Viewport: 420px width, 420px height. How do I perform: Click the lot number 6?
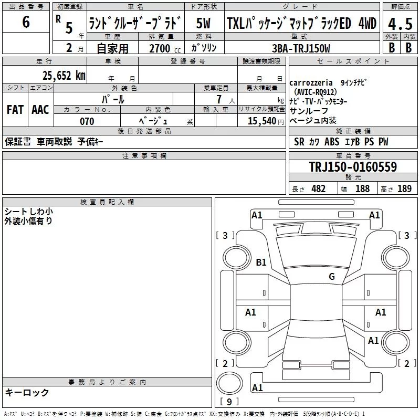(x=26, y=22)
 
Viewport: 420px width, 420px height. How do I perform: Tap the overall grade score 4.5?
(x=400, y=24)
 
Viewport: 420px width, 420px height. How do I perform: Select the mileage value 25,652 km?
(x=64, y=76)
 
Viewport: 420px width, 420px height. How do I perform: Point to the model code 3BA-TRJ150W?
(x=301, y=48)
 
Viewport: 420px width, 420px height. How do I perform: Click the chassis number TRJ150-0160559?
(x=353, y=166)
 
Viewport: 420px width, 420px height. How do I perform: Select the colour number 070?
(x=87, y=121)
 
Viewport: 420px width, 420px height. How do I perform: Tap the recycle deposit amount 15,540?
(x=261, y=121)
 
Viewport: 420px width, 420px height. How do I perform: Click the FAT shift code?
(x=15, y=110)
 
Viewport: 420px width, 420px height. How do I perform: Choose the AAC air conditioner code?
(x=40, y=110)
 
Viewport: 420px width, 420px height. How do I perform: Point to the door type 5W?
(x=203, y=23)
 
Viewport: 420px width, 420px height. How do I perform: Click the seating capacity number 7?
(x=219, y=99)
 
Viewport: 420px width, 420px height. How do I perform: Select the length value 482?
(x=319, y=188)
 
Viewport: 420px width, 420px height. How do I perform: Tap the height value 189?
(x=404, y=188)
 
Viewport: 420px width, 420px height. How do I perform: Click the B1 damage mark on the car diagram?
(x=261, y=262)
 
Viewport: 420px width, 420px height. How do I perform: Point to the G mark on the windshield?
(x=332, y=276)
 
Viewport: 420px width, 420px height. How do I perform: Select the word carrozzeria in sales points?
(x=311, y=83)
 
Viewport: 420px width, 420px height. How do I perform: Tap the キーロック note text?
(x=27, y=392)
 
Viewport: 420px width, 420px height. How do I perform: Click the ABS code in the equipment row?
(x=332, y=141)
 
